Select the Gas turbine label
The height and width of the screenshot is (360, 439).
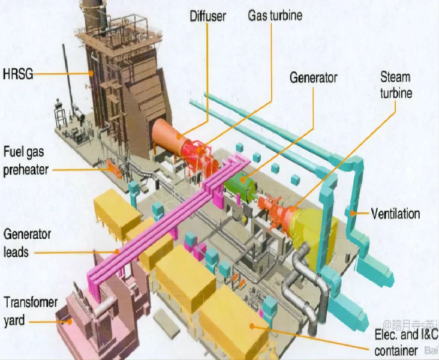click(x=275, y=14)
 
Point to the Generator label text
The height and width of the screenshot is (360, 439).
click(x=313, y=77)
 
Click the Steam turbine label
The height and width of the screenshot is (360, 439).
click(x=396, y=85)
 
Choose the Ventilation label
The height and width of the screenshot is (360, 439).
click(x=395, y=214)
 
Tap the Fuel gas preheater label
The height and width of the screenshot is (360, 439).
click(x=25, y=160)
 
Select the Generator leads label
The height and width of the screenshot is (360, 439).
click(x=27, y=242)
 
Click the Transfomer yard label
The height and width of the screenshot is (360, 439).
click(x=30, y=311)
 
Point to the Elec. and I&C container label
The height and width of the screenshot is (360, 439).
click(x=404, y=342)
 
